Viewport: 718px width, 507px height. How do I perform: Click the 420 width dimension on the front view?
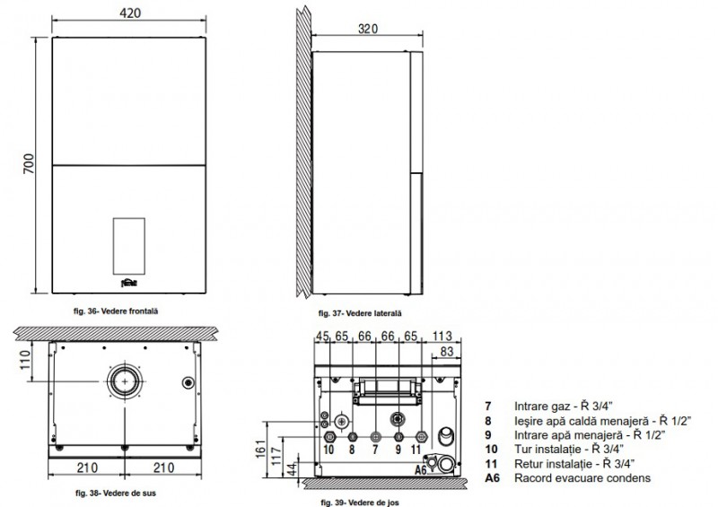tap(130, 13)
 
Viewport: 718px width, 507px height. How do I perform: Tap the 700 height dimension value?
tap(29, 164)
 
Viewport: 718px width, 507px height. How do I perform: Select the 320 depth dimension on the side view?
tap(368, 29)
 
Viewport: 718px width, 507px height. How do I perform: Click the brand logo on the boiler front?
tap(129, 283)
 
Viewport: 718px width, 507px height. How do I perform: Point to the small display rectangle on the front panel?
tap(129, 246)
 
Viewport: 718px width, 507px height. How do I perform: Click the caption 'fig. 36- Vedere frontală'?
tap(116, 311)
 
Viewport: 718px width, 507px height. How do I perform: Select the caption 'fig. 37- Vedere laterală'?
tap(360, 313)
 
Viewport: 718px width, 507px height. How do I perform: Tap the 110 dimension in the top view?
tap(25, 360)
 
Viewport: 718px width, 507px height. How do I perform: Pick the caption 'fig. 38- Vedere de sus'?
tap(116, 494)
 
